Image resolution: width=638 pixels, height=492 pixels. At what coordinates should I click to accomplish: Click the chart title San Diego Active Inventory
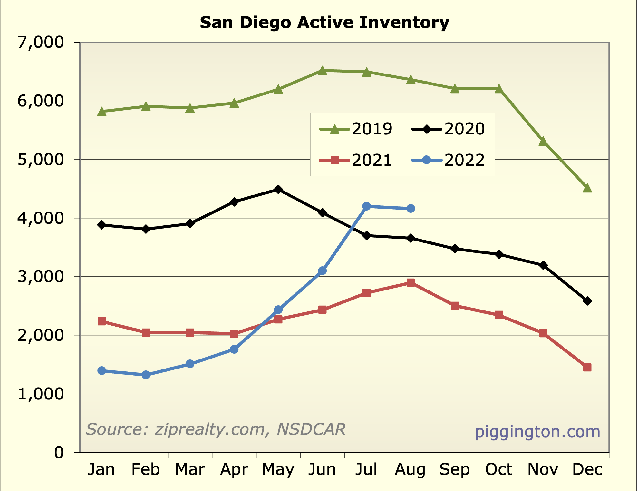click(x=324, y=23)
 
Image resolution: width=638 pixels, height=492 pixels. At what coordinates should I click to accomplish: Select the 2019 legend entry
click(x=356, y=129)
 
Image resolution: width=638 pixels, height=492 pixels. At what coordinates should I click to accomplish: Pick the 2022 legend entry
click(x=448, y=160)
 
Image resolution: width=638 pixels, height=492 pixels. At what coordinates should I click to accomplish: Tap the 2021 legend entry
click(x=356, y=160)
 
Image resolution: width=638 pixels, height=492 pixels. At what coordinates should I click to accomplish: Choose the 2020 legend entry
click(x=448, y=129)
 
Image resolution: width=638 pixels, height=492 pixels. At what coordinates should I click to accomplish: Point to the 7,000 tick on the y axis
click(x=41, y=42)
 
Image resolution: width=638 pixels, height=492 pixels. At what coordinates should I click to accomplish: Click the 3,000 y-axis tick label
click(x=41, y=277)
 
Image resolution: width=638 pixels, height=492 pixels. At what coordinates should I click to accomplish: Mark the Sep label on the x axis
click(x=455, y=469)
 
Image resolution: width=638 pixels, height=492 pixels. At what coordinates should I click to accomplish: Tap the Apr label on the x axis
click(x=234, y=469)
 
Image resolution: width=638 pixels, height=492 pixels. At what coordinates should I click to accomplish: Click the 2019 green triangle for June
click(x=323, y=71)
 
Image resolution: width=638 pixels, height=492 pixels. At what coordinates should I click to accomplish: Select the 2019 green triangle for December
click(x=587, y=188)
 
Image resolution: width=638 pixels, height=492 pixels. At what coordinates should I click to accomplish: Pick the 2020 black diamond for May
click(x=278, y=189)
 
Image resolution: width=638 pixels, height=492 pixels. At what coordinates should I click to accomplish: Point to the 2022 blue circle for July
click(x=366, y=206)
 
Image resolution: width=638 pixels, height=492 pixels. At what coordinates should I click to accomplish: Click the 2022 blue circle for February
click(x=146, y=375)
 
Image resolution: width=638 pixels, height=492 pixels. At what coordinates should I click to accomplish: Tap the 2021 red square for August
click(x=411, y=283)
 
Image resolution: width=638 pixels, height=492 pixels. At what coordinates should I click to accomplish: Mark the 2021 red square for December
click(x=587, y=367)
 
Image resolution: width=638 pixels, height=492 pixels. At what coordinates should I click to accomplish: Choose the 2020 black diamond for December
click(x=587, y=301)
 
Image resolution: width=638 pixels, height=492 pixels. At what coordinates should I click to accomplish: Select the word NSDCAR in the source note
click(x=311, y=429)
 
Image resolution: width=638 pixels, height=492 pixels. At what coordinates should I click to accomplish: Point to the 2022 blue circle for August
click(x=411, y=209)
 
